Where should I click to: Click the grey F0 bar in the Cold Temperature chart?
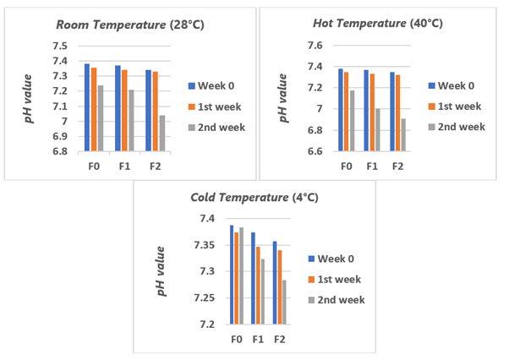[242, 275]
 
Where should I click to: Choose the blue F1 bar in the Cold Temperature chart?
[253, 278]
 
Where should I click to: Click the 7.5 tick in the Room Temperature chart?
[61, 46]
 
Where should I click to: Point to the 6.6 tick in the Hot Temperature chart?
[315, 151]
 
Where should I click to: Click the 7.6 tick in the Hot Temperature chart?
[315, 46]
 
